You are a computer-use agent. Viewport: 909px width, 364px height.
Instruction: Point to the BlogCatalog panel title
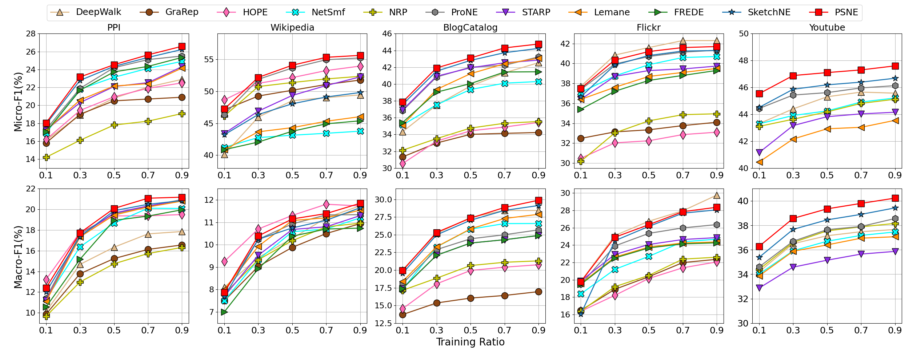pos(470,28)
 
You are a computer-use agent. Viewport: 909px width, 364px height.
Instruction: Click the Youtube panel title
pos(827,28)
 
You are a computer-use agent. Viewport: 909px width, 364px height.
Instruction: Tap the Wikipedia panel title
pos(292,28)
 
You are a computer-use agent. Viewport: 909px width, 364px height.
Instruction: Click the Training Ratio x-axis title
pos(470,342)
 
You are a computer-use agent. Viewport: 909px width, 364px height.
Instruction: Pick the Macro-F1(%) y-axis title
pos(18,257)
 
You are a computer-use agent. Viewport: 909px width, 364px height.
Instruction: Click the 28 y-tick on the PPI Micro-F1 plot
pos(31,34)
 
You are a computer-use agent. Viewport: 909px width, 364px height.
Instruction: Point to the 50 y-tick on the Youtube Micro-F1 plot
pos(744,34)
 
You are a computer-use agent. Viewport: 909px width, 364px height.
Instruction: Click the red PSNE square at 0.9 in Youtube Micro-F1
pos(895,66)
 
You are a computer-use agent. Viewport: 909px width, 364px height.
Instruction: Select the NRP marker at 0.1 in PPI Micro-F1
pos(46,157)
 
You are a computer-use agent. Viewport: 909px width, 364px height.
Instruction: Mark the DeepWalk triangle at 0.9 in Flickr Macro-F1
pos(717,195)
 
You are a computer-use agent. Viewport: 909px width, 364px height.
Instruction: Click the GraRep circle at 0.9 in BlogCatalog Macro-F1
pos(538,292)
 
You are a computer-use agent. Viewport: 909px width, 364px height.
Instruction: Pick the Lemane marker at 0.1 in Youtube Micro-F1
pos(759,162)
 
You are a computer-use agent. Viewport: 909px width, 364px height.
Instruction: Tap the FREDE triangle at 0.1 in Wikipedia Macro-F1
pos(224,312)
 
